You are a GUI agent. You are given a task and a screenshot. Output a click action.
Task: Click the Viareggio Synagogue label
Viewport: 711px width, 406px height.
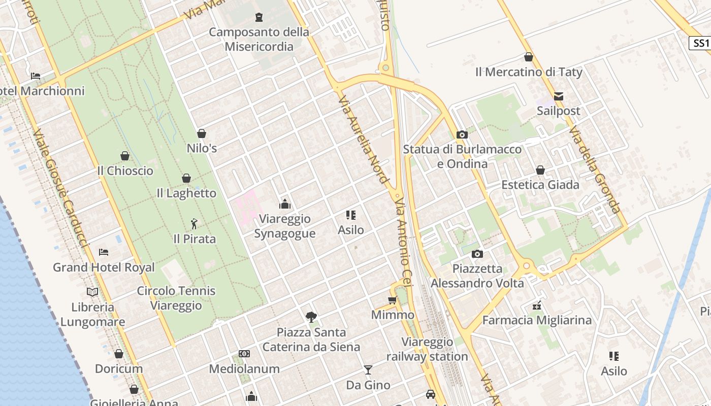[284, 226]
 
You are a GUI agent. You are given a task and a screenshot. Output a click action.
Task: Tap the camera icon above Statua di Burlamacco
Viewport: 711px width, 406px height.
[462, 134]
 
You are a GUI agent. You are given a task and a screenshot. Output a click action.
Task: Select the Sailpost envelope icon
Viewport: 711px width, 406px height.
[559, 96]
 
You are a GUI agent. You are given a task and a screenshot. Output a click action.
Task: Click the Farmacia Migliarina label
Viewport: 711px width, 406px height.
[537, 320]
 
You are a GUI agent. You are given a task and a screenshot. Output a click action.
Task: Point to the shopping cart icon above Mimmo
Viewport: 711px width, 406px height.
[393, 300]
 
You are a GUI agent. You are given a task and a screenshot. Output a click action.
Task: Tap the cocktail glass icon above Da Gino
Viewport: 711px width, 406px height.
[368, 370]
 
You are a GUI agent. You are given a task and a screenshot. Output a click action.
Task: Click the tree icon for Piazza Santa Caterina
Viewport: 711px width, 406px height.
[311, 317]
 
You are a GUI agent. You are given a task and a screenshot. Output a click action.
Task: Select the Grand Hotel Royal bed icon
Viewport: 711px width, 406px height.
[104, 252]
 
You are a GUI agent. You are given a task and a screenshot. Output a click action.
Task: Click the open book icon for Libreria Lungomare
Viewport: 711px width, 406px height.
[92, 292]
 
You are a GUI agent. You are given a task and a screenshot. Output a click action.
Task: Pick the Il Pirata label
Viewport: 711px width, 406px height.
[195, 239]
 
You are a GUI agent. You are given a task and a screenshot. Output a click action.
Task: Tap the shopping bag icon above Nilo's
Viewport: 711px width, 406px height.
[202, 133]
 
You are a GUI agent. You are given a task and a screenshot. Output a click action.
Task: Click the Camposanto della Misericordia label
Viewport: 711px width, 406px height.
[259, 39]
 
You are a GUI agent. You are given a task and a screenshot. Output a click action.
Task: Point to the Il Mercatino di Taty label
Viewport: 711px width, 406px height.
[529, 72]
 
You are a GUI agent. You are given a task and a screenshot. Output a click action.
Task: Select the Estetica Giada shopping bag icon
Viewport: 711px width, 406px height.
[540, 170]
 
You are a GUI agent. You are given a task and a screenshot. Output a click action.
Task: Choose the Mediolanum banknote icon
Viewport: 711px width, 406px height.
[244, 354]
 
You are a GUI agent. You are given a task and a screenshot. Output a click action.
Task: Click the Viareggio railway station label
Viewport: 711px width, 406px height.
[427, 349]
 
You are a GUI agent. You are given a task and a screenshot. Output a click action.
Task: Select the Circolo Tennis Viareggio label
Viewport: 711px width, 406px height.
[176, 298]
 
